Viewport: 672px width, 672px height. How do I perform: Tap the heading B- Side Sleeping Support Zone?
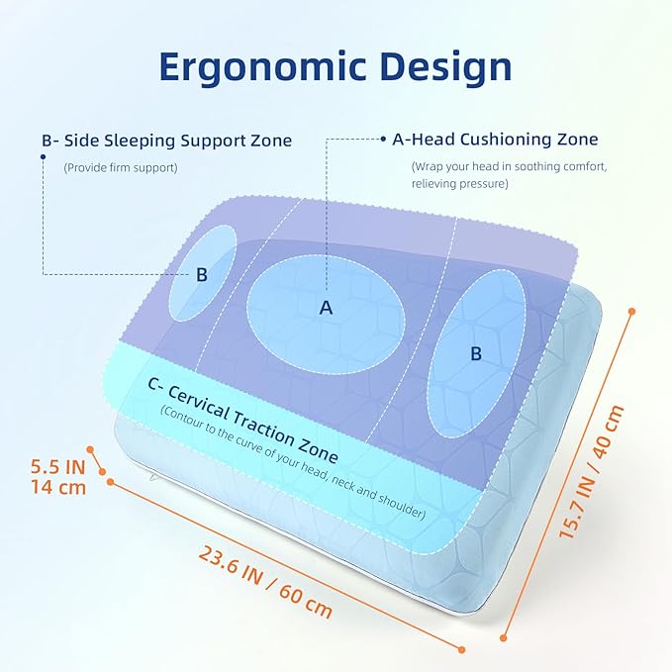coord(166,141)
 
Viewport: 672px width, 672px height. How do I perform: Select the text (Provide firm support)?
coord(121,167)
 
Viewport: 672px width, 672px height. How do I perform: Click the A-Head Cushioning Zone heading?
coord(495,140)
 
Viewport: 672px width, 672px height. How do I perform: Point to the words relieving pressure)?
coord(460,183)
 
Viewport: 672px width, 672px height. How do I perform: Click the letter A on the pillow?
coord(326,308)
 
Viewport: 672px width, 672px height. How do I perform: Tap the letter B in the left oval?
coord(201,275)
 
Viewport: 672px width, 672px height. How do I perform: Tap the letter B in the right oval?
coord(475,353)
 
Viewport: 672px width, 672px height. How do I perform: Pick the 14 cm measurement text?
coord(57,487)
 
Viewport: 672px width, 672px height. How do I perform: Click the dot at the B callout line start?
coord(44,155)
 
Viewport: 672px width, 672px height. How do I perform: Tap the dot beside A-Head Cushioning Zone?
coord(382,140)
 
